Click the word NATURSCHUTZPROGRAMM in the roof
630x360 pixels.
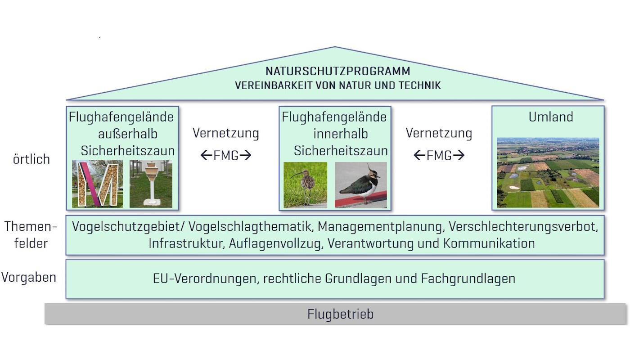pyautogui.click(x=338, y=71)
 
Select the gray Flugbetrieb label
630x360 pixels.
pyautogui.click(x=340, y=314)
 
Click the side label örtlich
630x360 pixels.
pyautogui.click(x=31, y=159)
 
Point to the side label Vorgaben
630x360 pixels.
pyautogui.click(x=29, y=277)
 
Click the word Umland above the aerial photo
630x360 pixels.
pyautogui.click(x=551, y=117)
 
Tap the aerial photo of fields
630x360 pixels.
pyautogui.click(x=548, y=173)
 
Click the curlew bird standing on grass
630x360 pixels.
pyautogui.click(x=306, y=185)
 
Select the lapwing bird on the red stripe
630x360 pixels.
pyautogui.click(x=360, y=184)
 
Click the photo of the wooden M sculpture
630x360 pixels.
pyautogui.click(x=97, y=184)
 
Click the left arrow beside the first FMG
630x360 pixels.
pyautogui.click(x=206, y=155)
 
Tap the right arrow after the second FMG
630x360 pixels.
pyautogui.click(x=459, y=155)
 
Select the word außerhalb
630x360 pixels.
pyautogui.click(x=127, y=134)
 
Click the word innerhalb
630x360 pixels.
pyautogui.click(x=341, y=134)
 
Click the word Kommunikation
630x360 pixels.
pyautogui.click(x=489, y=243)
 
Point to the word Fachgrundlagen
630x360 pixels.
pyautogui.click(x=468, y=279)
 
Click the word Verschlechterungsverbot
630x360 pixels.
pyautogui.click(x=523, y=227)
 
